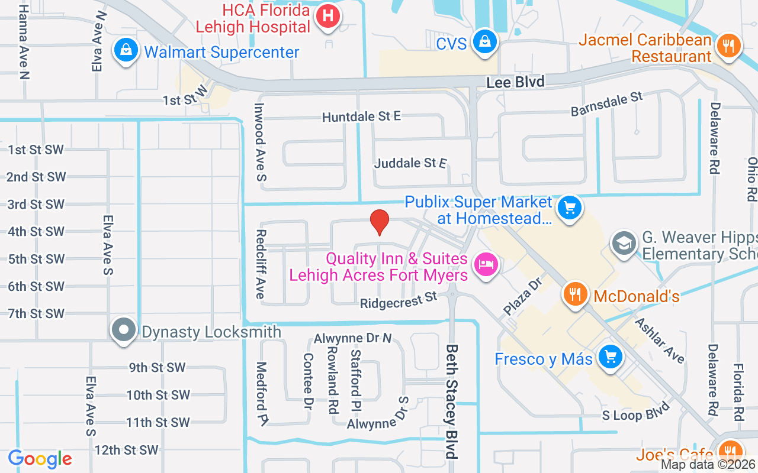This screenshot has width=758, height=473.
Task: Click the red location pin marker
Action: click(379, 222)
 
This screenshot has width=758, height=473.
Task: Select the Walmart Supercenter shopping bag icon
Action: click(126, 51)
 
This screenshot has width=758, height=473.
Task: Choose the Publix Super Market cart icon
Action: click(570, 208)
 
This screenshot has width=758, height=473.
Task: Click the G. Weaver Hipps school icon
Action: click(624, 244)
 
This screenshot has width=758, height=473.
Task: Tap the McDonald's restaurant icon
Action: click(574, 294)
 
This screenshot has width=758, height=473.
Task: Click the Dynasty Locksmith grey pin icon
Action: click(124, 330)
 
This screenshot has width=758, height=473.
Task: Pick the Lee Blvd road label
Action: click(515, 82)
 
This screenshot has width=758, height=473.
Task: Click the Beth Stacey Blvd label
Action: click(453, 401)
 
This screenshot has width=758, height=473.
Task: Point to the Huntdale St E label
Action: click(361, 117)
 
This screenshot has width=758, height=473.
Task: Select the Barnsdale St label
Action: click(606, 104)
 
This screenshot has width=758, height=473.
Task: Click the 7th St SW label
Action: click(36, 313)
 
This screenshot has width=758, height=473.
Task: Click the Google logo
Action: click(40, 459)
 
